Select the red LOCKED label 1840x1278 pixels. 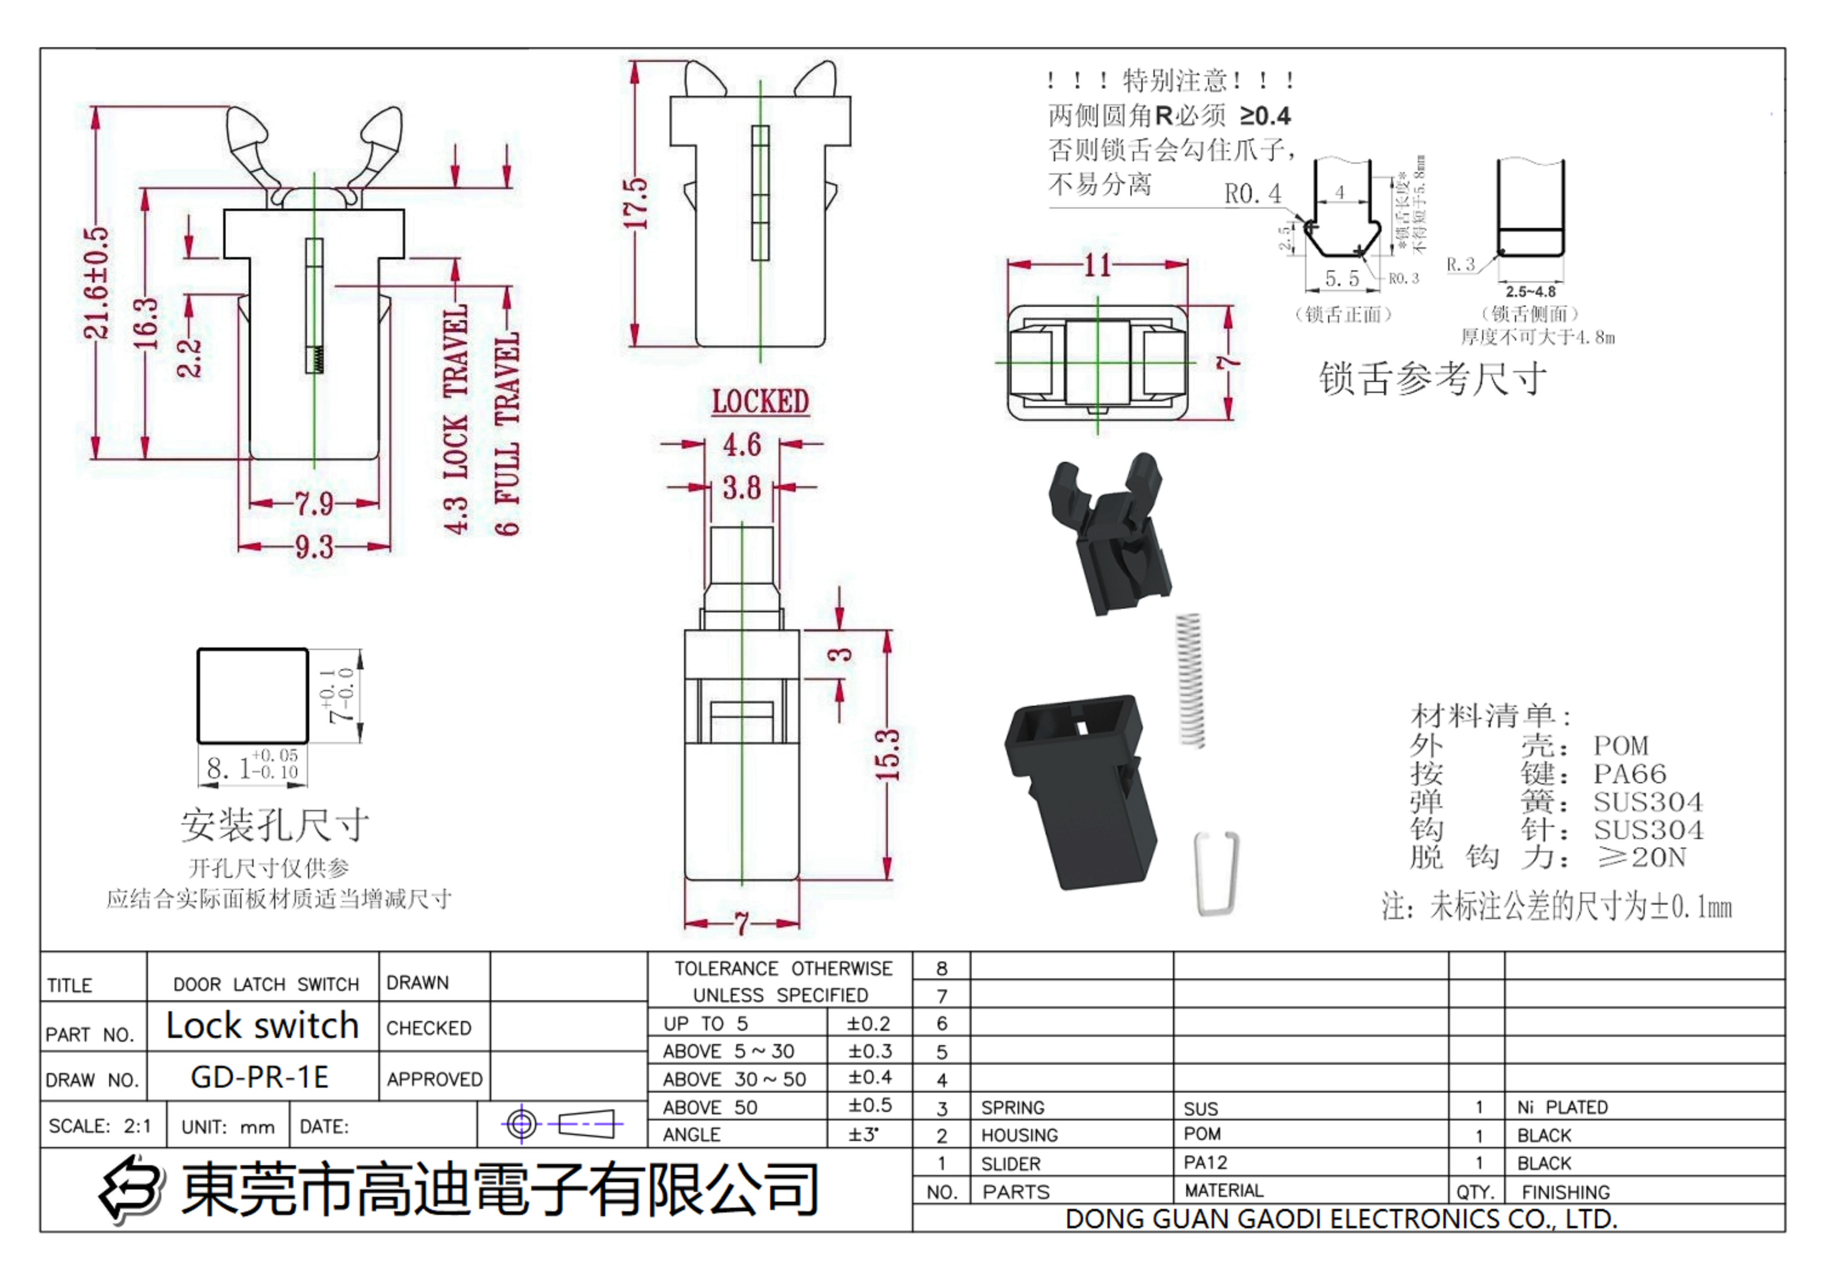coord(759,402)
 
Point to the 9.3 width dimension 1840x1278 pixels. coord(313,547)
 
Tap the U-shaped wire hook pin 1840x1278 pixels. coord(1216,873)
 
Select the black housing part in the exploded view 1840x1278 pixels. coord(1081,789)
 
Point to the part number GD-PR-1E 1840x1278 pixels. coord(260,1077)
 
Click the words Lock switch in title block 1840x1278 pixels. coord(262,1026)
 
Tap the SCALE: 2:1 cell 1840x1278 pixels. coord(100,1126)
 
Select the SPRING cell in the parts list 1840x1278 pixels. coord(1013,1108)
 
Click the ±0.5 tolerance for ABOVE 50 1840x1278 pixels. coord(870,1106)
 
